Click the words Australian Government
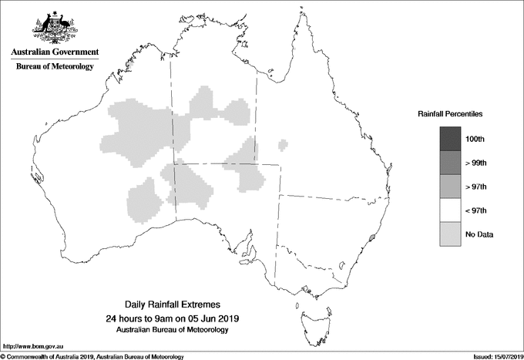click(x=55, y=52)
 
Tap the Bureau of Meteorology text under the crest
click(x=55, y=67)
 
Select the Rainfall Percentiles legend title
click(x=450, y=113)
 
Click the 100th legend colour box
click(x=450, y=139)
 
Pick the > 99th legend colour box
click(x=450, y=163)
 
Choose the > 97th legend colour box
click(x=450, y=187)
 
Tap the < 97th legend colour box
click(x=450, y=210)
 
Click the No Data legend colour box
click(x=450, y=234)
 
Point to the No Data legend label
click(x=479, y=234)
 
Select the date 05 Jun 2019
click(x=210, y=318)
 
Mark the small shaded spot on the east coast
click(x=372, y=238)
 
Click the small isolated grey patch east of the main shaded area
click(x=284, y=143)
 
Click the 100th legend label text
click(x=475, y=139)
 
